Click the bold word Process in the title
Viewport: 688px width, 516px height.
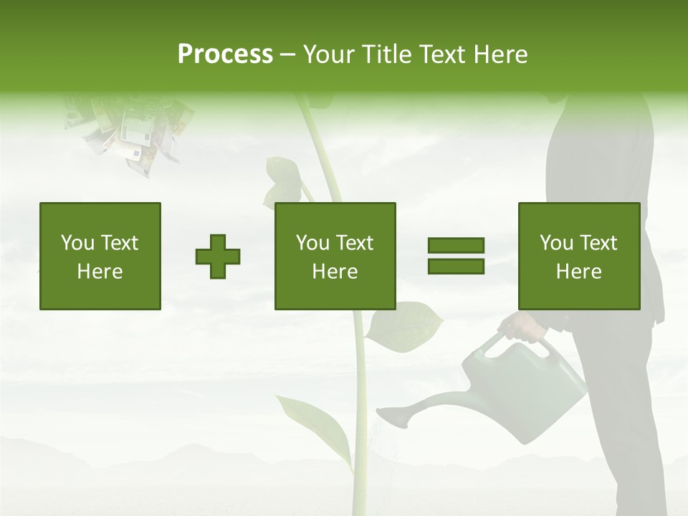pos(225,54)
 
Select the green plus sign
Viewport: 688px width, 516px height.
pos(218,257)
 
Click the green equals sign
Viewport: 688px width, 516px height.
pos(456,256)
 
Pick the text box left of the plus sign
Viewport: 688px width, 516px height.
pos(100,256)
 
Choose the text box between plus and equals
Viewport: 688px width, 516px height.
pos(335,256)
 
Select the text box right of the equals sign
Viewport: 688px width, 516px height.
pos(579,256)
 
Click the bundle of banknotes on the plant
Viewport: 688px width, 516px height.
pos(129,133)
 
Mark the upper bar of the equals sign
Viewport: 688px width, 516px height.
pos(456,246)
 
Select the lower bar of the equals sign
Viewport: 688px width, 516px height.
pos(456,266)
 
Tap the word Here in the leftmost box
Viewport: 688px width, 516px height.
pos(100,271)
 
